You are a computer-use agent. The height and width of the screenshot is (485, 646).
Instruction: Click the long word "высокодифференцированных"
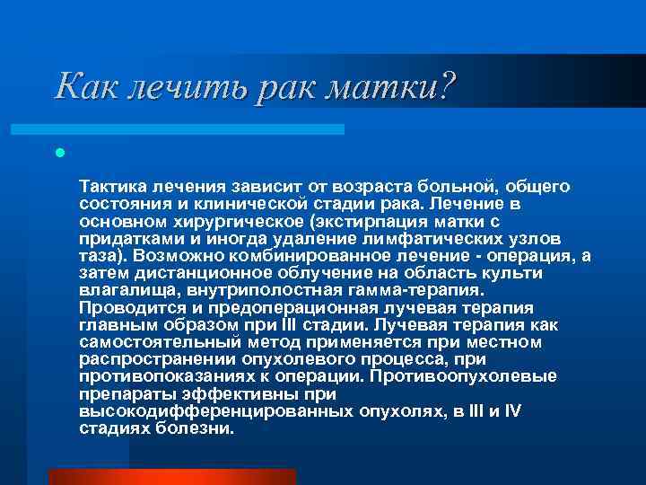coord(221,411)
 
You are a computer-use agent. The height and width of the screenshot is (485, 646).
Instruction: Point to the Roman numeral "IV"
coord(511,411)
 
